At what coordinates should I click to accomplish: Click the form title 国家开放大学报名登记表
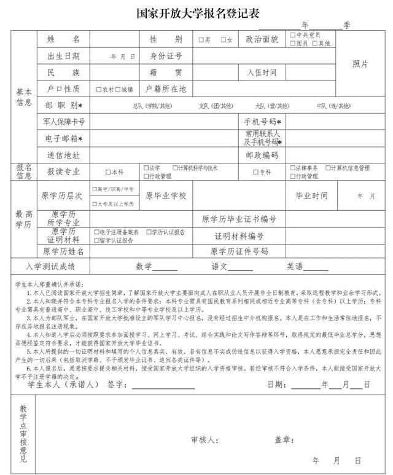pyautogui.click(x=196, y=12)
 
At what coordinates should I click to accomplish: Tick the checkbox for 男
pyautogui.click(x=201, y=40)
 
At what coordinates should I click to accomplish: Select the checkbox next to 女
pyautogui.click(x=224, y=40)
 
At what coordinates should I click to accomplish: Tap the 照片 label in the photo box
pyautogui.click(x=360, y=64)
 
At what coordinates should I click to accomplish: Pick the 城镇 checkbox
pyautogui.click(x=118, y=89)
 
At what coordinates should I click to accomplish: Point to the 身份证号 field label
pyautogui.click(x=166, y=56)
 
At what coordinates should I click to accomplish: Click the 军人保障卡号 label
pyautogui.click(x=64, y=122)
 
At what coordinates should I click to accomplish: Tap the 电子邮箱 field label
pyautogui.click(x=64, y=138)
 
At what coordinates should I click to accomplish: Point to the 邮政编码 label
pyautogui.click(x=262, y=155)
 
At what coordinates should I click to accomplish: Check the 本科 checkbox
pyautogui.click(x=108, y=172)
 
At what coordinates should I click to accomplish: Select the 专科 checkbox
pyautogui.click(x=255, y=172)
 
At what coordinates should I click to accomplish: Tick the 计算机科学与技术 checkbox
pyautogui.click(x=174, y=168)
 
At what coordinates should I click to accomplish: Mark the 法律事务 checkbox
pyautogui.click(x=293, y=168)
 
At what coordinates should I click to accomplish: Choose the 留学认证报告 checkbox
pyautogui.click(x=97, y=241)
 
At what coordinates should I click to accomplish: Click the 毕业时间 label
pyautogui.click(x=311, y=196)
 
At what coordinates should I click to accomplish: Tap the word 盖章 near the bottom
pyautogui.click(x=284, y=440)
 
